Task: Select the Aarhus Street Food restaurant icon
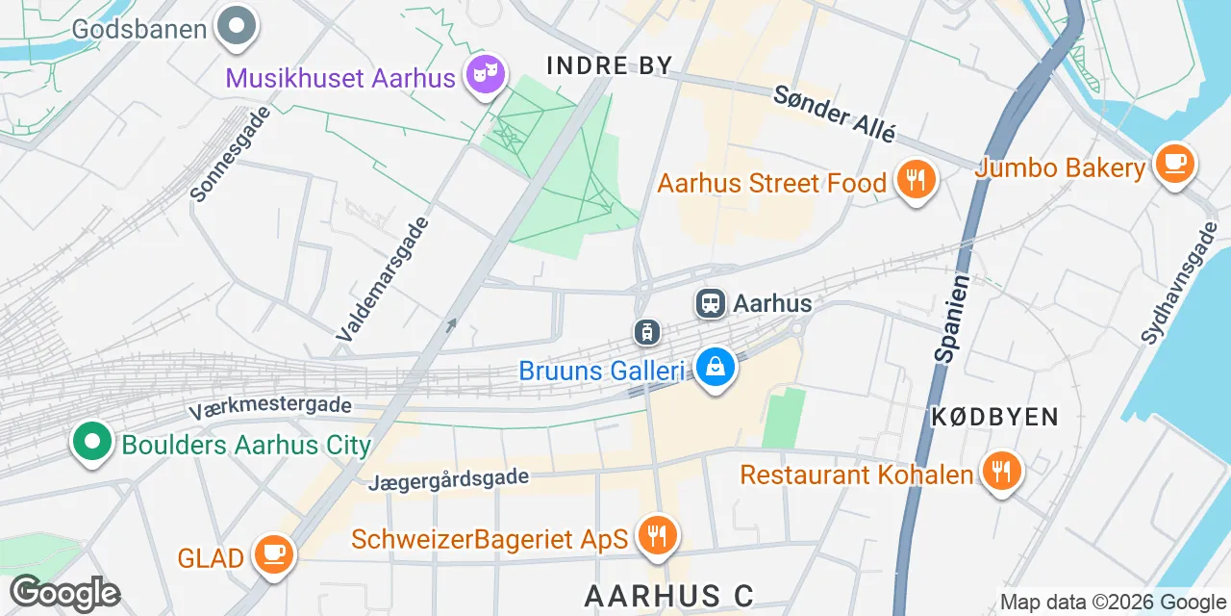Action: [916, 180]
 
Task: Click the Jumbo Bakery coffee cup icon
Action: [1174, 165]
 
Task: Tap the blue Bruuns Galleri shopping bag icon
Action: [716, 368]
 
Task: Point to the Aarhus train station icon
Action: [711, 303]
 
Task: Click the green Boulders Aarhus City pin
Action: [91, 443]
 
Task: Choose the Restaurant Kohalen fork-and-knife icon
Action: [1001, 472]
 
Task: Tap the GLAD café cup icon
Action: [274, 554]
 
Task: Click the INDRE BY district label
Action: [609, 64]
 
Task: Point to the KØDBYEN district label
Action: [994, 417]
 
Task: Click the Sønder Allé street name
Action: [835, 113]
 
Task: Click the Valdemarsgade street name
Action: [383, 279]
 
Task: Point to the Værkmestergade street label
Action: [270, 408]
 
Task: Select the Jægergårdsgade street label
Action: [448, 478]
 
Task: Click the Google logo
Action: [64, 592]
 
